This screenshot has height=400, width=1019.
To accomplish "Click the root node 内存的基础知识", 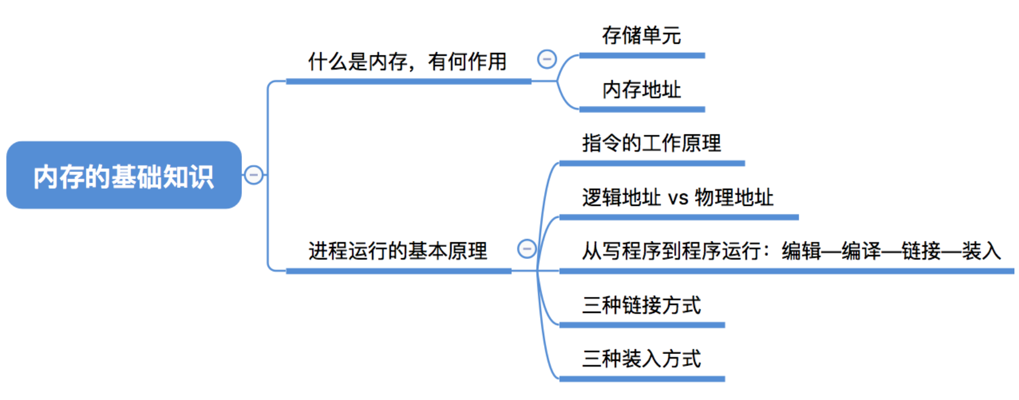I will (x=124, y=175).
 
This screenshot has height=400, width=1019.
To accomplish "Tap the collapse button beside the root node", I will (x=253, y=175).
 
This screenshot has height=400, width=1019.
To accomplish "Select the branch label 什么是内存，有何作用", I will (x=407, y=61).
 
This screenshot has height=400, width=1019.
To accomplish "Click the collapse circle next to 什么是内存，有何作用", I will (x=547, y=59).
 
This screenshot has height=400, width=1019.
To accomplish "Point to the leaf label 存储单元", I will (x=641, y=36).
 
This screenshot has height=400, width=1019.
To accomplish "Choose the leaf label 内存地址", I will (x=641, y=90).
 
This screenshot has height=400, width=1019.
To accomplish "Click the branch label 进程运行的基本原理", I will (x=397, y=250).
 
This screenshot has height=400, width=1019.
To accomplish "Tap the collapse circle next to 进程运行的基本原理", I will (x=527, y=249).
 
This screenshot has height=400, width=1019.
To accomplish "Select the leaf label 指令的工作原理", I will (x=651, y=143).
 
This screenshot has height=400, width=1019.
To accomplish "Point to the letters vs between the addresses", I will (x=678, y=199).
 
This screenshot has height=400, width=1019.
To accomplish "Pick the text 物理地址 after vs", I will (x=734, y=197).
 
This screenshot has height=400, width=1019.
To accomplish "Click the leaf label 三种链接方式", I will (x=641, y=306).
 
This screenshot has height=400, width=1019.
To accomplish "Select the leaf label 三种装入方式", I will (x=641, y=359).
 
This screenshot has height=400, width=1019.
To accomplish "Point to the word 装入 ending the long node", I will (x=981, y=251).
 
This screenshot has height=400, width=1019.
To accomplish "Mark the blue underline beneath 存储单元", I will (x=642, y=56).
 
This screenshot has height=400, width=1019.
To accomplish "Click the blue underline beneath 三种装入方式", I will (x=642, y=379).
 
